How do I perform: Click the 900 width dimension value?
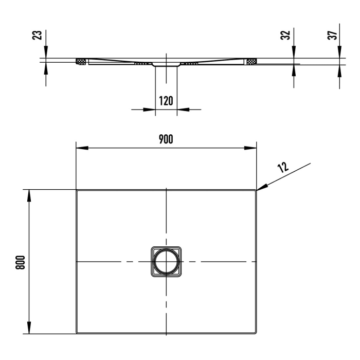tap(166, 139)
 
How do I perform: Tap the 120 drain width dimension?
tap(166, 100)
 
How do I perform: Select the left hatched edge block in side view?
tap(81, 62)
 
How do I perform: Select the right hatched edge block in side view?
tap(251, 62)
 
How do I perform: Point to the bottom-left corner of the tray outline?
tap(77, 333)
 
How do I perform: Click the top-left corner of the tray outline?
tap(77, 190)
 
